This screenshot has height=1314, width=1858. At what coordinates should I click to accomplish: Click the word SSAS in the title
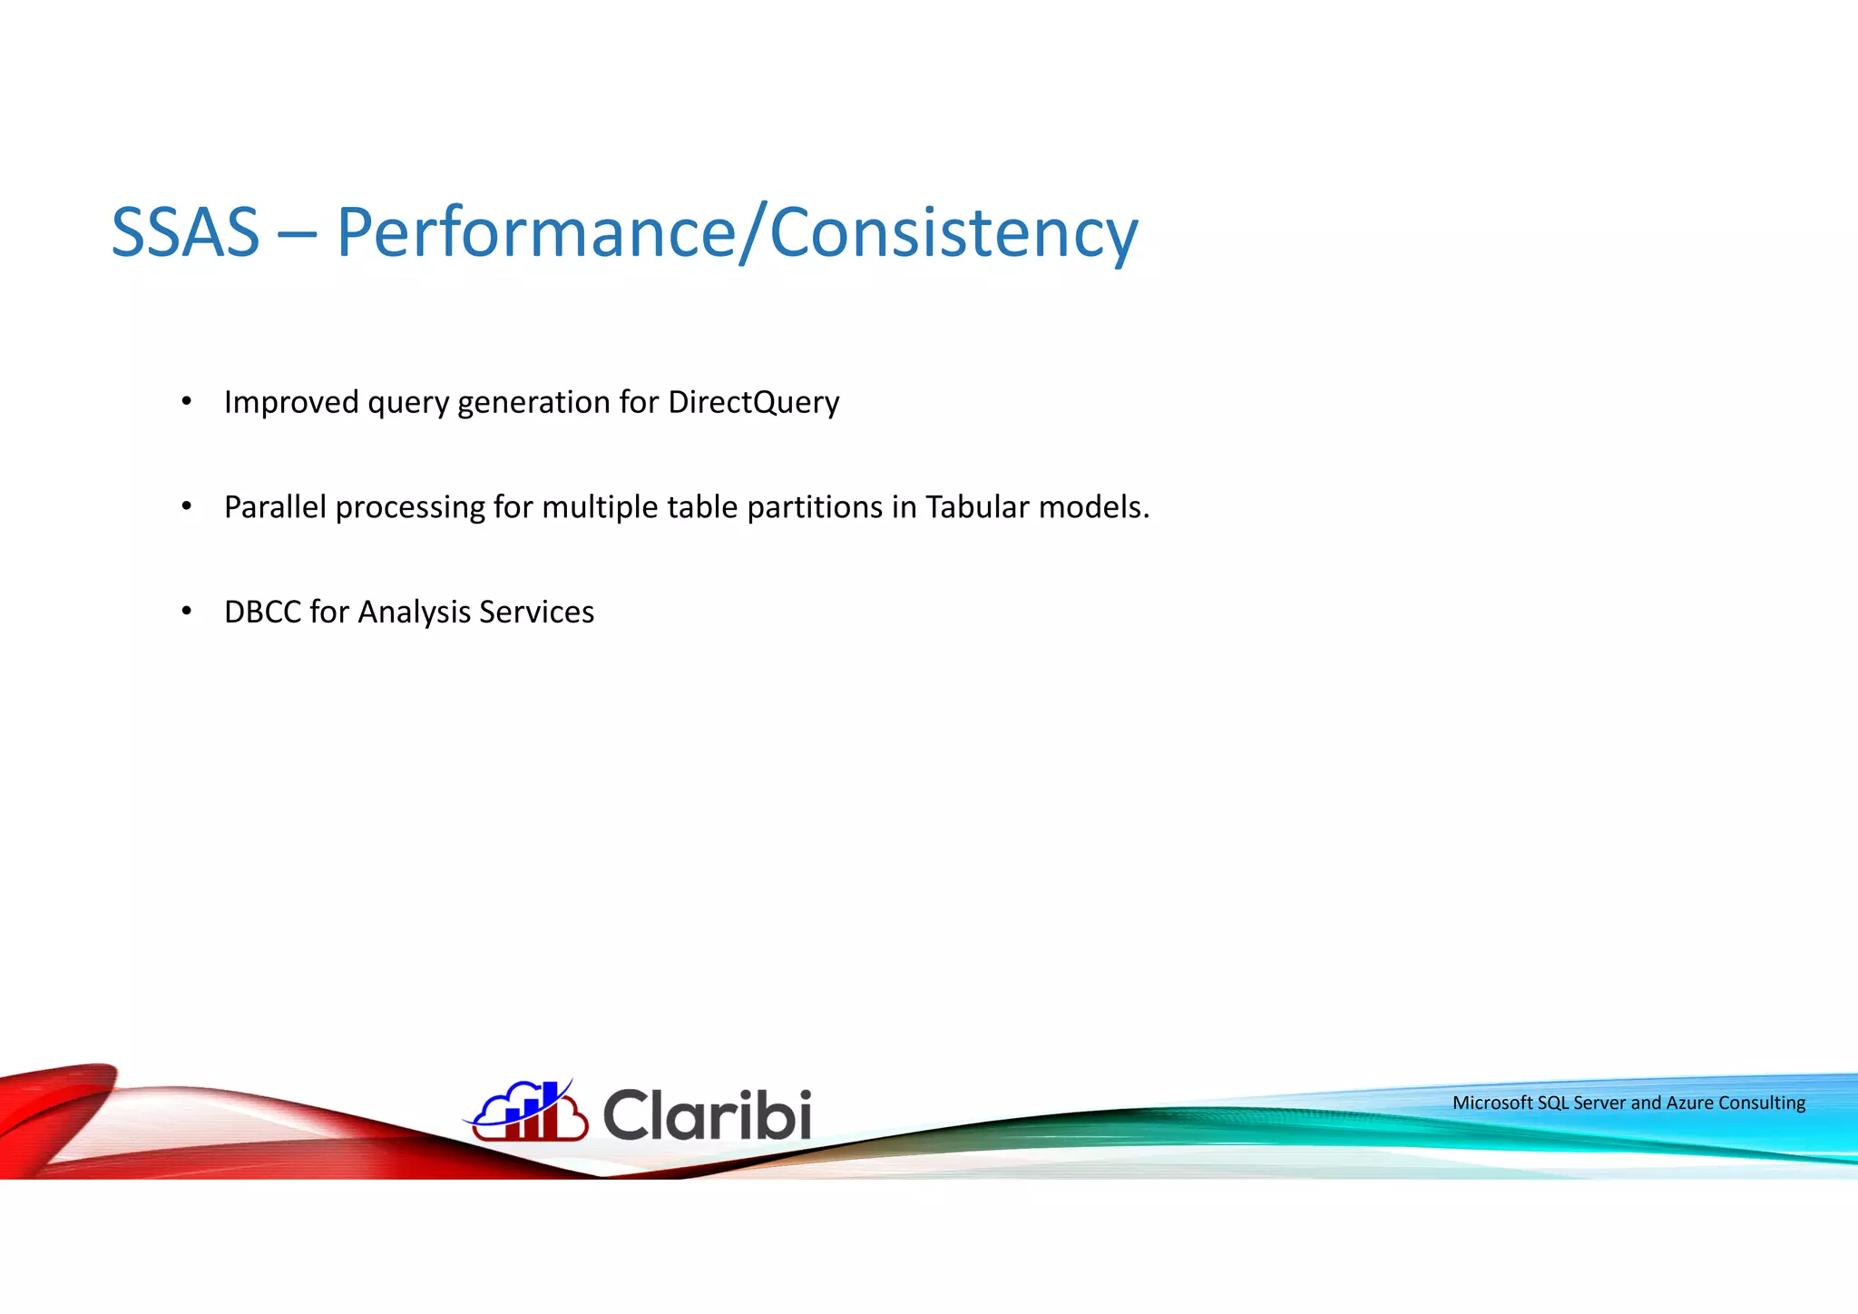pos(185,232)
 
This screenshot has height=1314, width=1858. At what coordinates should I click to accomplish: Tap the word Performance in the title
pos(535,232)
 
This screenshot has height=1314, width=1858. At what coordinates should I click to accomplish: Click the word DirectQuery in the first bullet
pos(753,402)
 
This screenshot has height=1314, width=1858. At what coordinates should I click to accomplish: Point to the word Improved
pos(291,402)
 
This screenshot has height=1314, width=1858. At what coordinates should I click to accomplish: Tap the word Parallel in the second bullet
pos(275,506)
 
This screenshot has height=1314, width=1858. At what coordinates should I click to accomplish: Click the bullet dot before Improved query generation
pos(186,401)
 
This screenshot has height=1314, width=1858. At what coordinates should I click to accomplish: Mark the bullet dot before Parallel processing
pos(186,505)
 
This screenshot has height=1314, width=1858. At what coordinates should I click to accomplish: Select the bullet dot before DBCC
pos(186,611)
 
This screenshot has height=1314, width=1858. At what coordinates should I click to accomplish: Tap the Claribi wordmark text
pos(707,1114)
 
